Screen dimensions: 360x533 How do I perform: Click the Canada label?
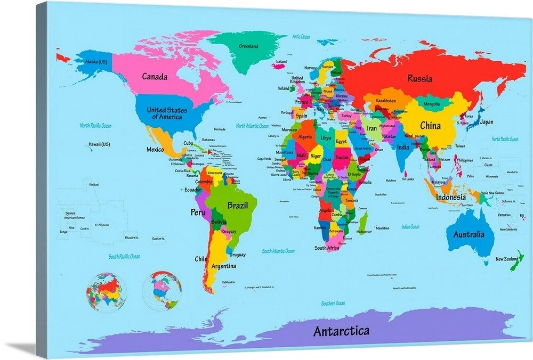pos(155,77)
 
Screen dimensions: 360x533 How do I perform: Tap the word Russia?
pos(419,79)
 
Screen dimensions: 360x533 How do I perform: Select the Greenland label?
pos(248,46)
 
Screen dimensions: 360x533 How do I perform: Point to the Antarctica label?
pos(341,331)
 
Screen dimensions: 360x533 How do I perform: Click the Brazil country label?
pos(237,206)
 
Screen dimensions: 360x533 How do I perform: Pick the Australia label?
pos(469,234)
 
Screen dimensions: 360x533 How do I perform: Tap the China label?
pos(430,126)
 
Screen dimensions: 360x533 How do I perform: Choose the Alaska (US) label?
pos(96,62)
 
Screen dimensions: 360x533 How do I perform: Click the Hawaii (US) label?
pos(99,144)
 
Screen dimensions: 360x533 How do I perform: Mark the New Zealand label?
pos(506,259)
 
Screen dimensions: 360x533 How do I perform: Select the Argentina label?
pos(224,266)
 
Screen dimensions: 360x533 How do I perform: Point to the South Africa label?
pos(327,248)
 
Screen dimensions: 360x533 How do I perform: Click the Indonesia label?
pos(450,197)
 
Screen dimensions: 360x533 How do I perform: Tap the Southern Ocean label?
pos(333,303)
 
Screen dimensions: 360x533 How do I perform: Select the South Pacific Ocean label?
pos(124,256)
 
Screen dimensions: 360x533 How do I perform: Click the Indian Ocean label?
pos(410,226)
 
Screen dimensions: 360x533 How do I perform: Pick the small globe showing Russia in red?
pos(106,292)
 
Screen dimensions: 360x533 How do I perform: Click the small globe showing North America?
pos(162,291)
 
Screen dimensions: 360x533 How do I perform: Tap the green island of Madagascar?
pos(363,221)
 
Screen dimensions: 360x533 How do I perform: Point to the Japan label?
pos(486,122)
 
